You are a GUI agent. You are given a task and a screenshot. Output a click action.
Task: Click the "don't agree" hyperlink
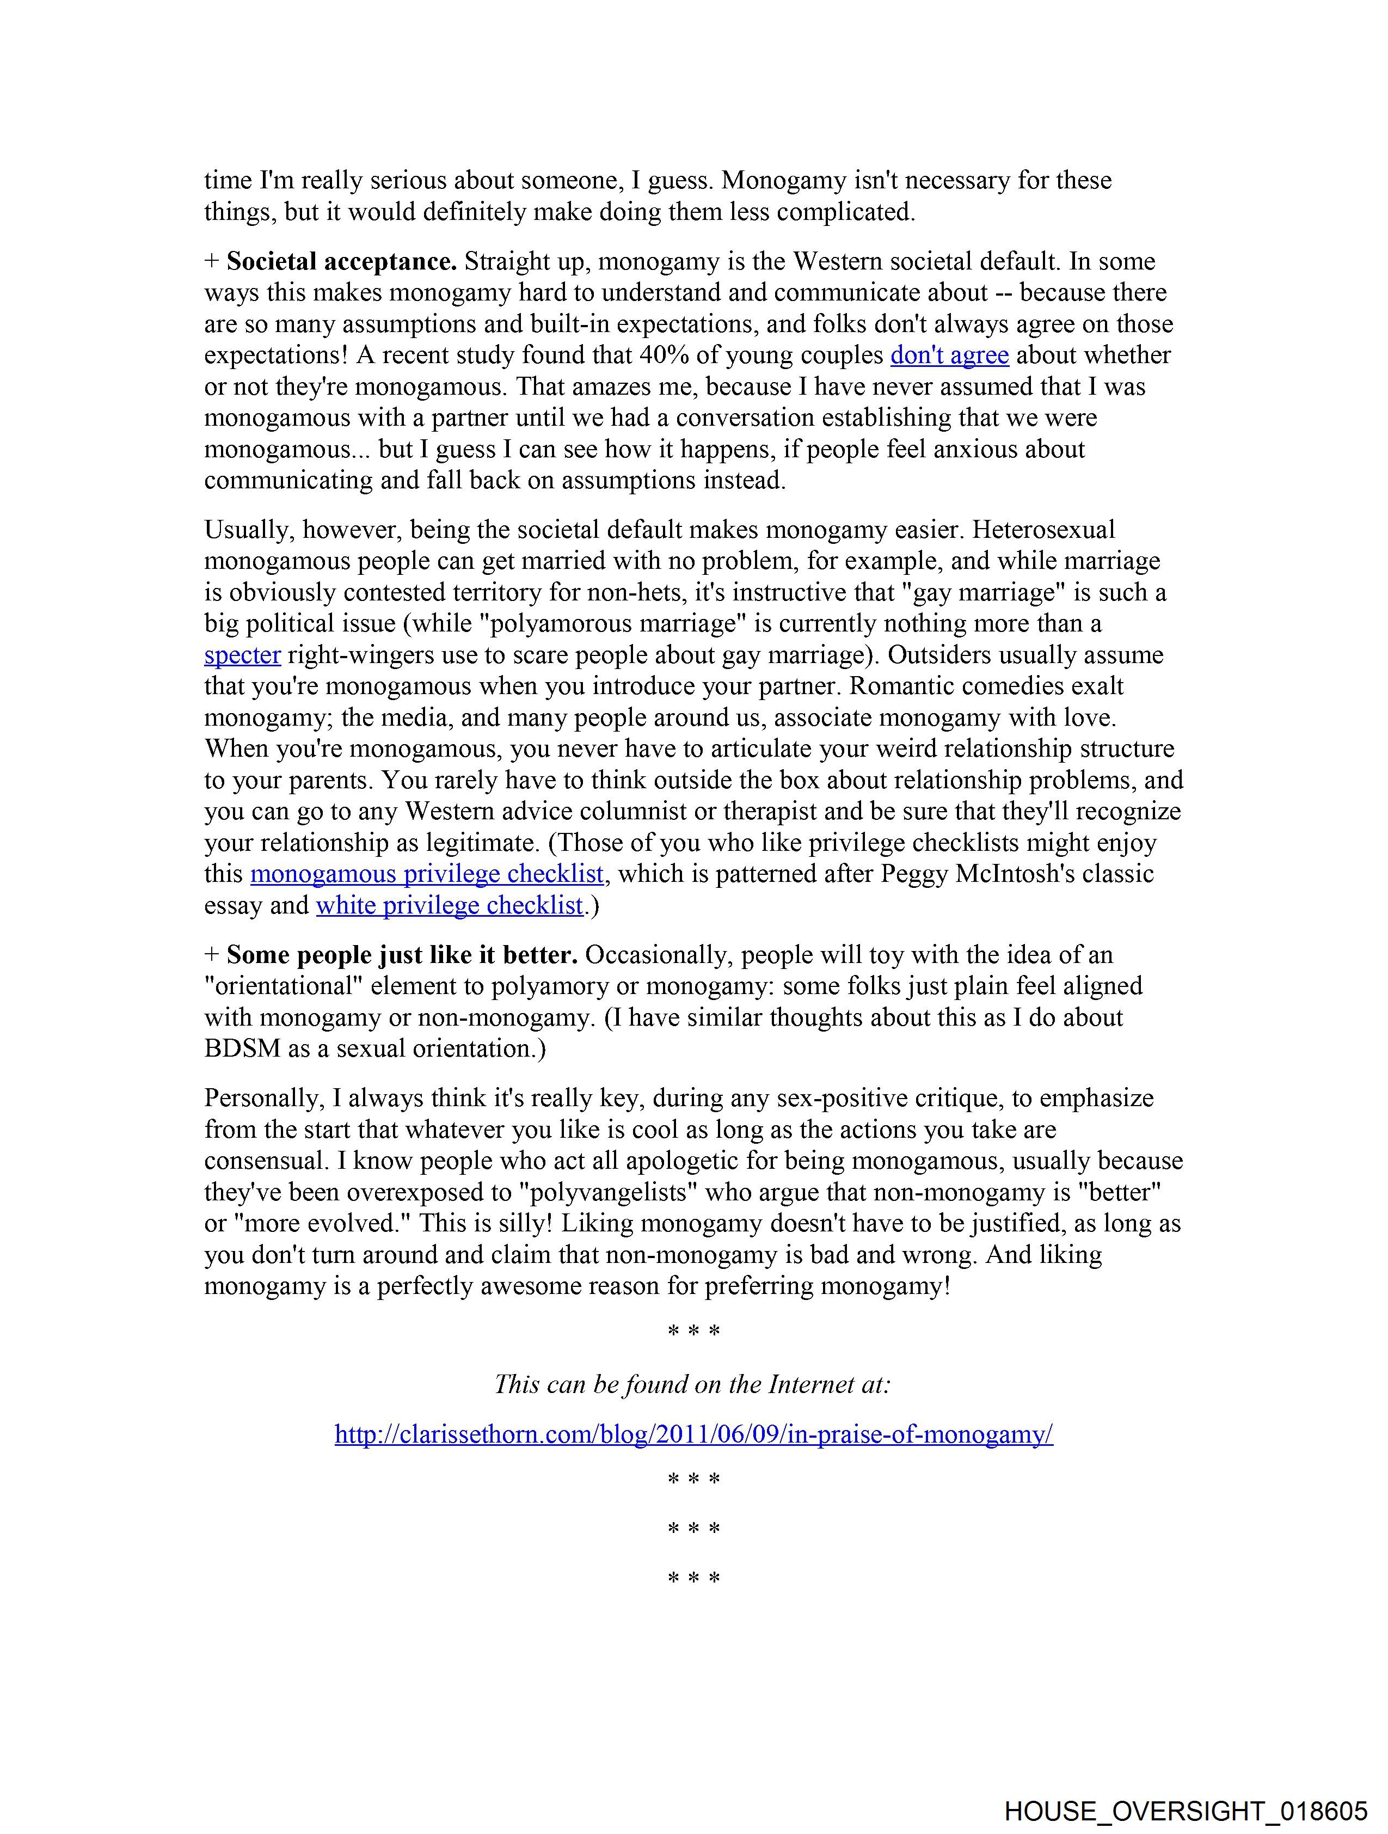click(x=949, y=355)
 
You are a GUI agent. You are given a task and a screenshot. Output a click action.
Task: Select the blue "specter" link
click(x=242, y=655)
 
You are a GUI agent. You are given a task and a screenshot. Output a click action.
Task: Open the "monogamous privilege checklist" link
click(x=427, y=874)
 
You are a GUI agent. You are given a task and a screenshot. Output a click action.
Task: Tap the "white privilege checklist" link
click(x=450, y=905)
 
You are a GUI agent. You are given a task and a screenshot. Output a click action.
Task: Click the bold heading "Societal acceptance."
click(x=342, y=262)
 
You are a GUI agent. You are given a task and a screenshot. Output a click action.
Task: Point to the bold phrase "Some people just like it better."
click(x=402, y=955)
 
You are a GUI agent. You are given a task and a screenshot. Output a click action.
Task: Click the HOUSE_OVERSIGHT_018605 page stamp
click(x=1186, y=1811)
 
